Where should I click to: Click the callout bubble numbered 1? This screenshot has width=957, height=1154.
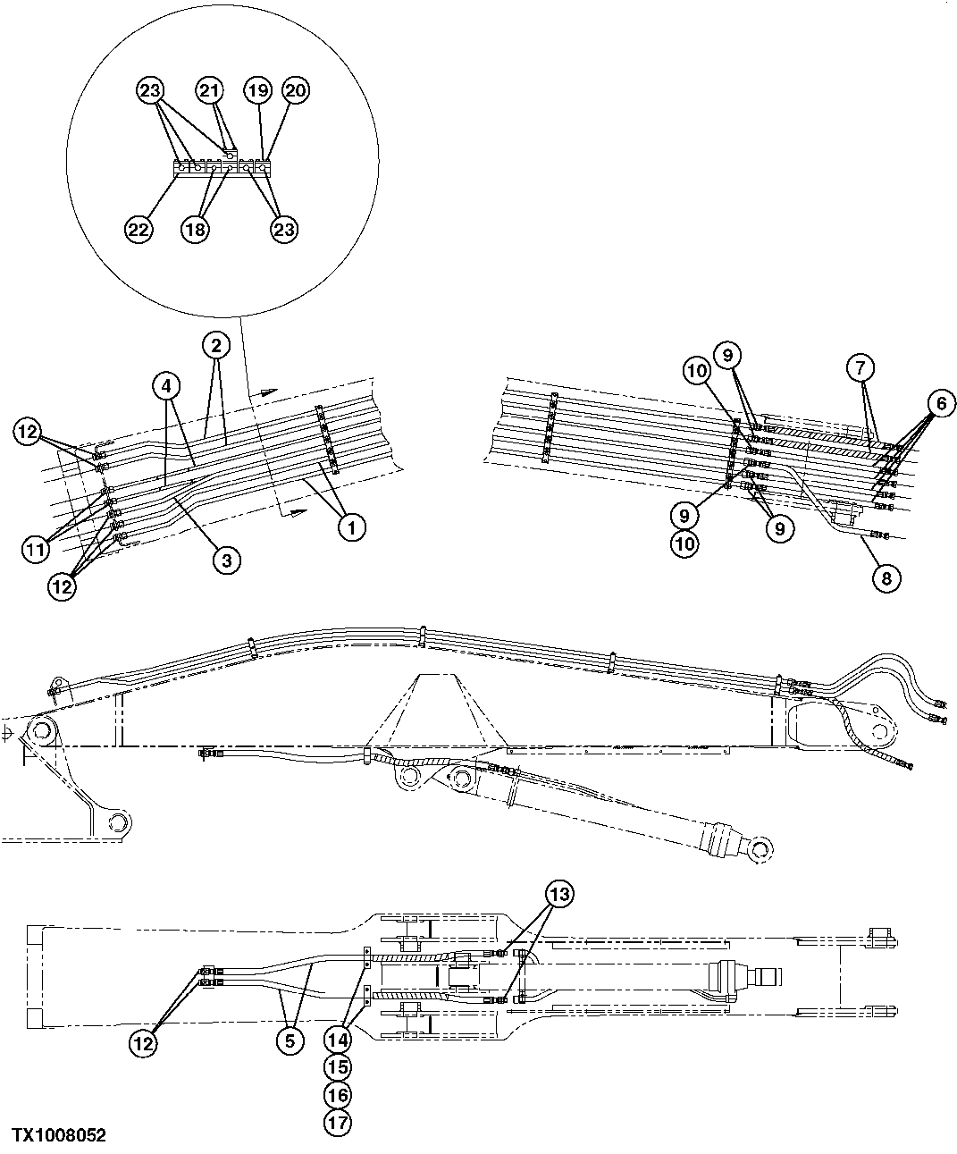351,527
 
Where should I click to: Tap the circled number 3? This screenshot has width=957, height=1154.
226,560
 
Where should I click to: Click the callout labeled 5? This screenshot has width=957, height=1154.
288,1041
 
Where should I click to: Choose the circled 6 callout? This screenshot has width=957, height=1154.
941,403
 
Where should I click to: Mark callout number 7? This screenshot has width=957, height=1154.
860,366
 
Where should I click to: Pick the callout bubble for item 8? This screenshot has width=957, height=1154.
886,577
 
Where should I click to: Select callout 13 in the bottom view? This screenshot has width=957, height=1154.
560,893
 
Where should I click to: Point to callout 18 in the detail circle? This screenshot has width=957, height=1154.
196,229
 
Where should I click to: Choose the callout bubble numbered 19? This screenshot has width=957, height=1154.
257,90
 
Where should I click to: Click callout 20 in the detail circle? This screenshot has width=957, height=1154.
296,90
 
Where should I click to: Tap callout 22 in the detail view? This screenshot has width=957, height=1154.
139,229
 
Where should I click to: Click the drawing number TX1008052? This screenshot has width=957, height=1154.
58,1135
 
